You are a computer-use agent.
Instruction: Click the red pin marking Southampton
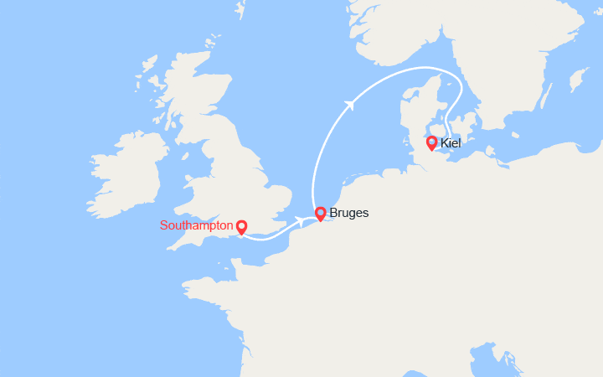pyautogui.click(x=241, y=226)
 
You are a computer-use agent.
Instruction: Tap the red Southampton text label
pyautogui.click(x=196, y=225)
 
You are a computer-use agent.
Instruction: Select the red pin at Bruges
pyautogui.click(x=320, y=213)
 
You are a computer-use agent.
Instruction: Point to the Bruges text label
pyautogui.click(x=349, y=213)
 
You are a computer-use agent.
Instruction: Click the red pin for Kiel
pyautogui.click(x=431, y=142)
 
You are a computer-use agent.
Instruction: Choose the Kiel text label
pyautogui.click(x=451, y=143)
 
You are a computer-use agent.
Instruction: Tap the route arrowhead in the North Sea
pyautogui.click(x=350, y=104)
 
